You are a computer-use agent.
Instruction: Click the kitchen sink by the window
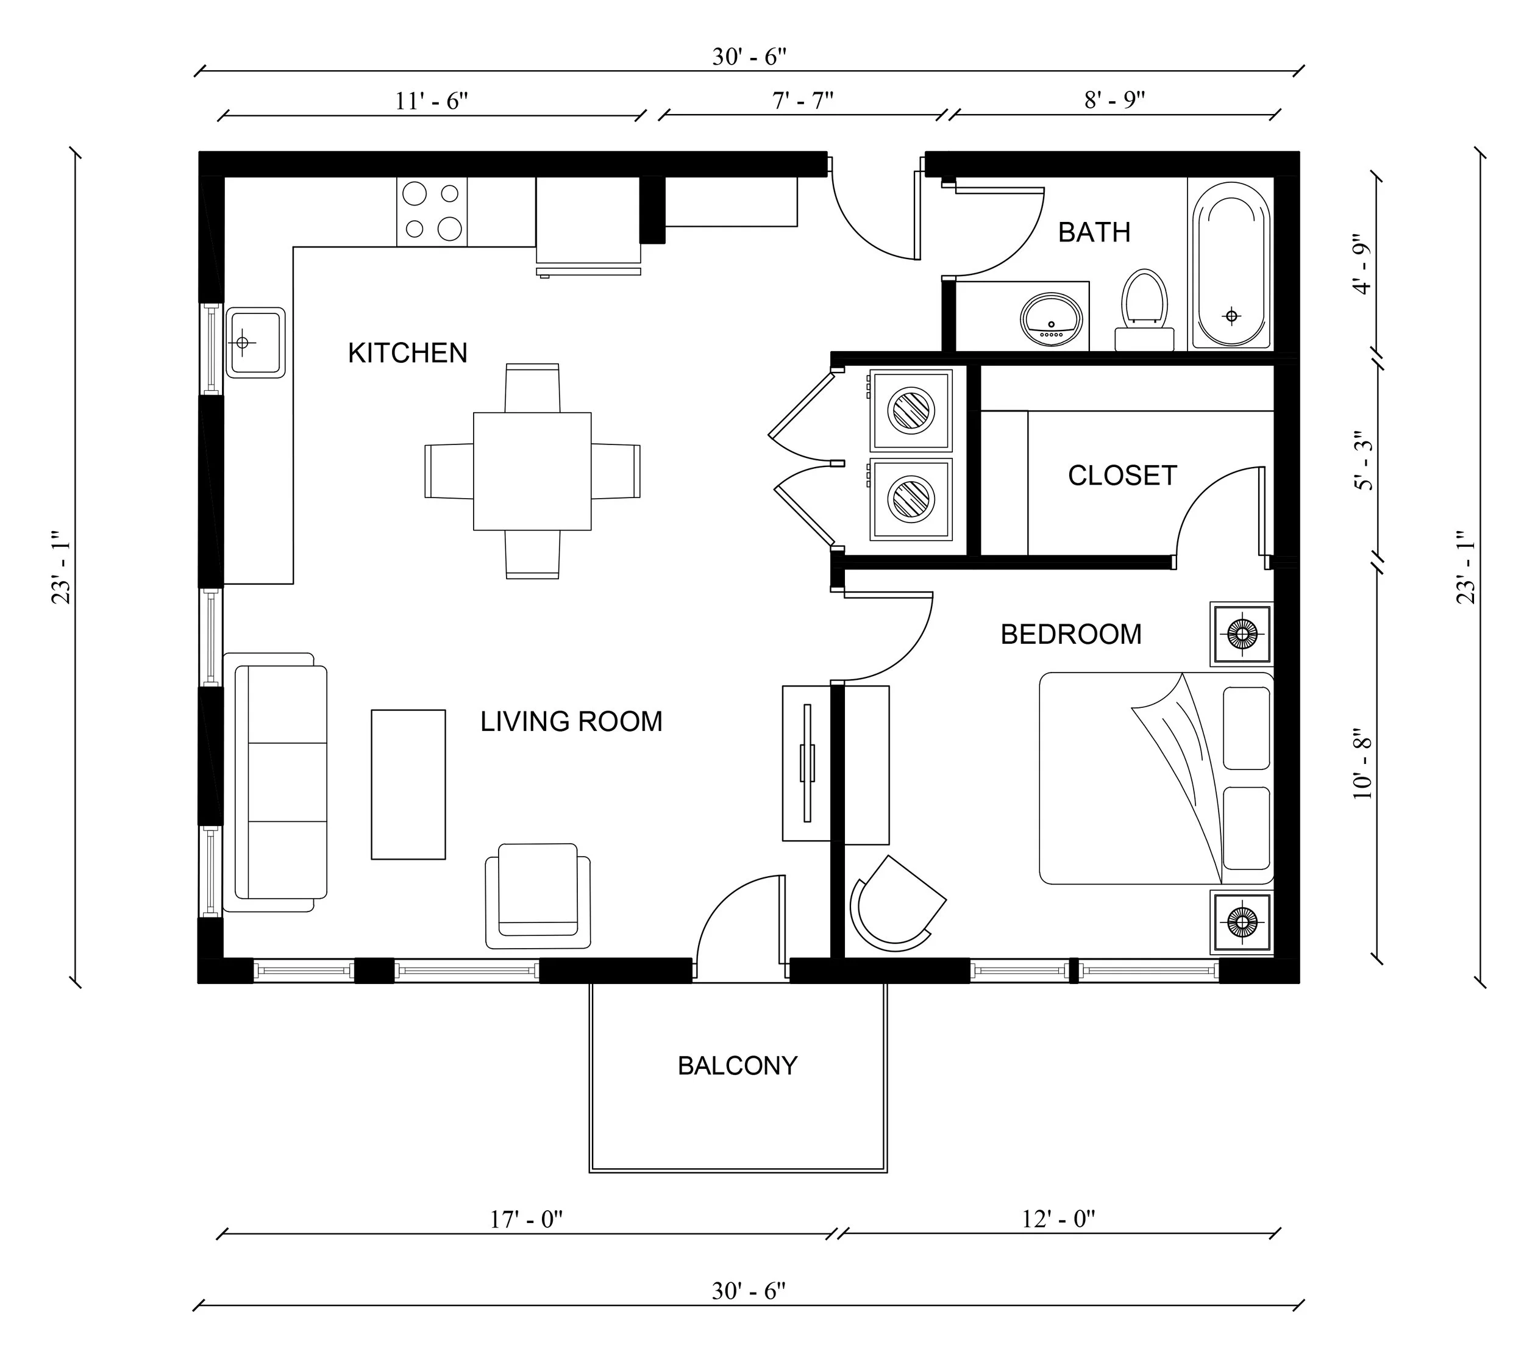point(255,342)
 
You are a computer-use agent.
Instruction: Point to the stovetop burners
point(432,212)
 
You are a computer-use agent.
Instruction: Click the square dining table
point(532,471)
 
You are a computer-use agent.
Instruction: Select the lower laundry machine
point(911,499)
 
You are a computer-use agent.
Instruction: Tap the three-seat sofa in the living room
point(281,782)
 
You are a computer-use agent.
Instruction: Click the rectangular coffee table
point(408,784)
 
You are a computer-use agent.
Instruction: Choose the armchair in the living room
point(538,894)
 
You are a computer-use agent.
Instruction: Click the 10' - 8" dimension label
point(1362,763)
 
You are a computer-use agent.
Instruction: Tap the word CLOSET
point(1122,476)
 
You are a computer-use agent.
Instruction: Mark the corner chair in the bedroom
point(895,906)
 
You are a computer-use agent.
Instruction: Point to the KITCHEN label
point(407,352)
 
